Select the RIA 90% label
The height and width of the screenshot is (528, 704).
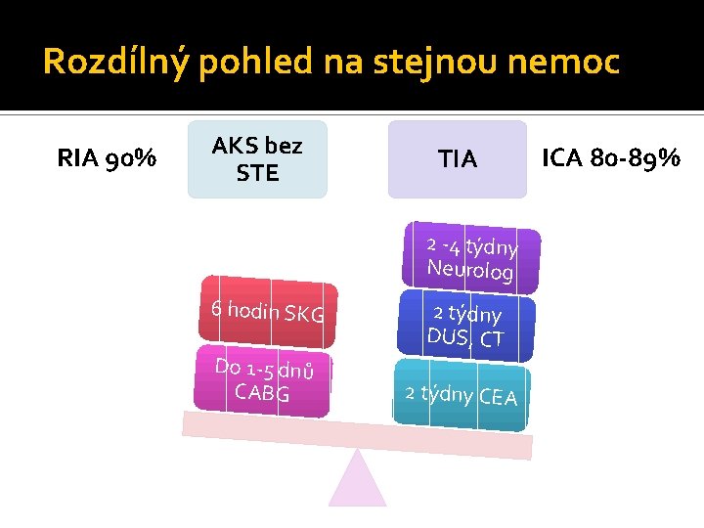pyautogui.click(x=107, y=158)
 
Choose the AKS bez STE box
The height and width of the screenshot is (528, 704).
pyautogui.click(x=257, y=159)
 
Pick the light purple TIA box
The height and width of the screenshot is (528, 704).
pyautogui.click(x=457, y=159)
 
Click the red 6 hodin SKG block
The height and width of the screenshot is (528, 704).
pyautogui.click(x=268, y=313)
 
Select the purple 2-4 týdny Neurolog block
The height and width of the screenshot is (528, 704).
pyautogui.click(x=470, y=257)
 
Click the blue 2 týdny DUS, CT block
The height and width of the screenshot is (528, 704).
pyautogui.click(x=467, y=326)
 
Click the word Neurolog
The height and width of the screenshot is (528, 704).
pyautogui.click(x=469, y=270)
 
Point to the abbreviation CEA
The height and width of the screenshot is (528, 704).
pyautogui.click(x=498, y=396)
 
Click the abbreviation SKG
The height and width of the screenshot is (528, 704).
pyautogui.click(x=303, y=315)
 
